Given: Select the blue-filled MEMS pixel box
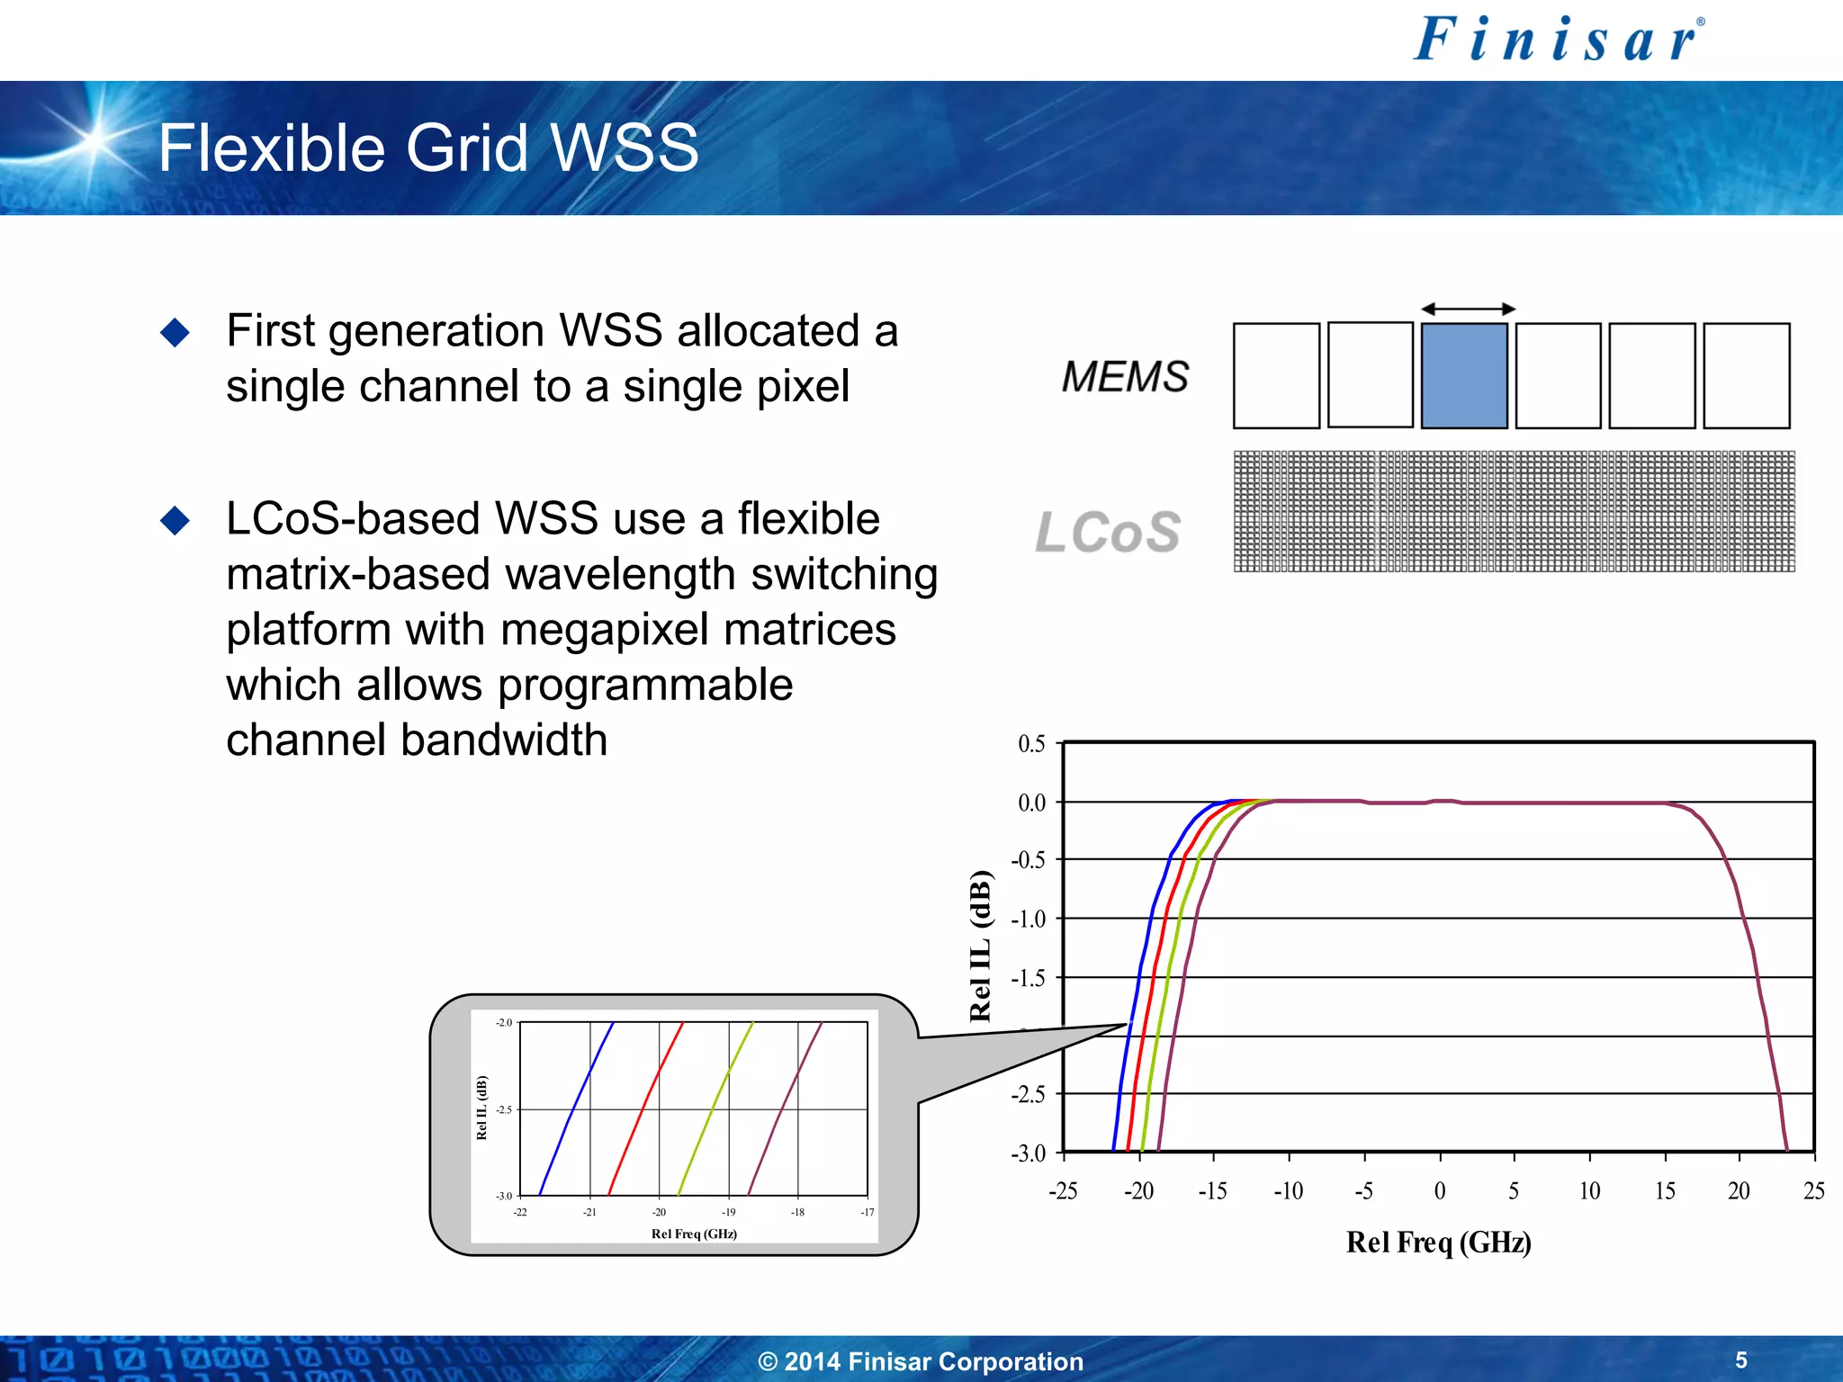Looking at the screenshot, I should coord(1464,376).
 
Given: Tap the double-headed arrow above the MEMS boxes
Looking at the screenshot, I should coord(1469,310).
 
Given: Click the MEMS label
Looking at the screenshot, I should coord(1125,377).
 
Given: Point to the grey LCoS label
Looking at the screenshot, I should coord(1108,532).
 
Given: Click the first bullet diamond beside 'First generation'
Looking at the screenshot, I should coord(175,333).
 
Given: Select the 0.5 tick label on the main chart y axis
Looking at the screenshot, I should coord(1031,744).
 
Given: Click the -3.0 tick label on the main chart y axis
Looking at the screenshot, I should coord(1029,1153).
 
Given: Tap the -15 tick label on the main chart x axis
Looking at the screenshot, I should coord(1212,1191).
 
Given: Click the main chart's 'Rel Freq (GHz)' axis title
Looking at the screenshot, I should coord(1438,1243).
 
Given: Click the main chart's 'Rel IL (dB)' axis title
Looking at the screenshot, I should coord(980,946).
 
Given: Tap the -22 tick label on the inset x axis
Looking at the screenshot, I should coord(520,1213).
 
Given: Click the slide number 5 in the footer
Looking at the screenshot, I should coord(1741,1360).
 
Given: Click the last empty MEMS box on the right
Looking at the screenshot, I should coord(1746,376).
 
